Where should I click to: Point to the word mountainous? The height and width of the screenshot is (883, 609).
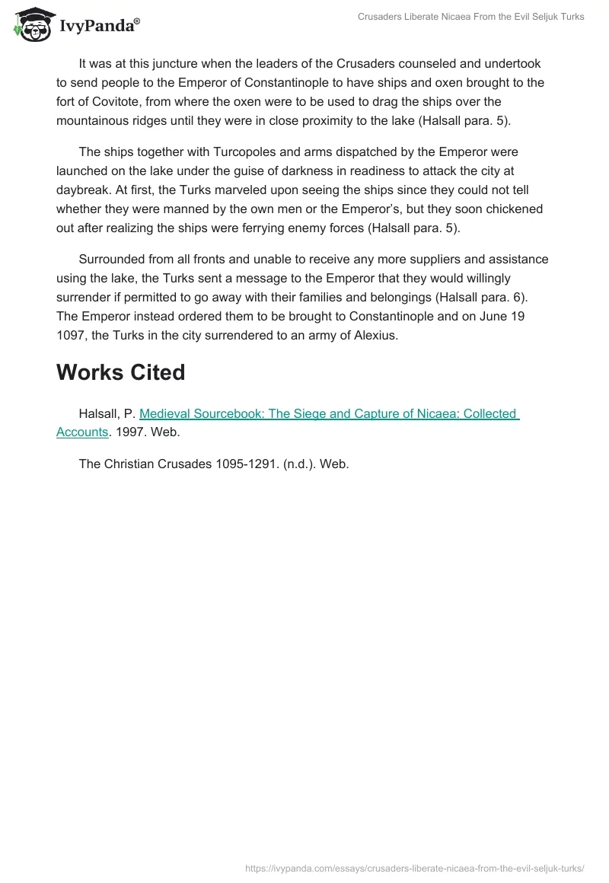(x=92, y=120)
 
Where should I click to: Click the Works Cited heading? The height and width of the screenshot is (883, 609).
(x=120, y=372)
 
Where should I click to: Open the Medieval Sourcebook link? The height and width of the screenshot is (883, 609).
(x=328, y=414)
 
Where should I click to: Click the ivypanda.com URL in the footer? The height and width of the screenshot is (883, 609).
(x=414, y=868)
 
